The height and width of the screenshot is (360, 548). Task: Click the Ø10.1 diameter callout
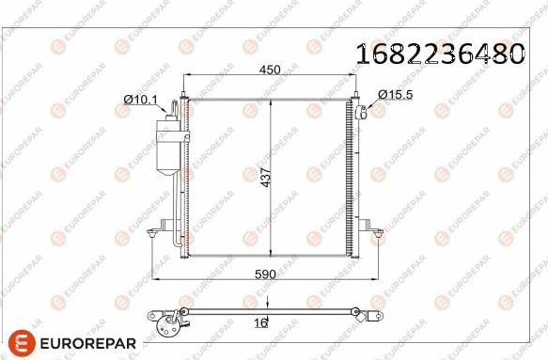[139, 99]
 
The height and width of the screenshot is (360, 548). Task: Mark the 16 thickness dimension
[260, 322]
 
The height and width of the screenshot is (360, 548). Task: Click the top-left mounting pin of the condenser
[185, 94]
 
